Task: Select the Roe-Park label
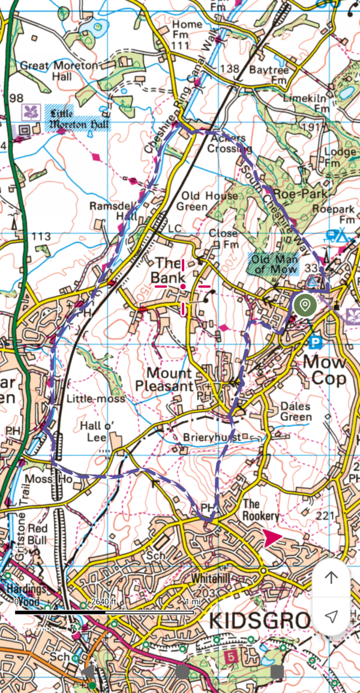click(x=299, y=194)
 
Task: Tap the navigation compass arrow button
click(x=331, y=616)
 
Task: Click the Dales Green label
click(x=296, y=412)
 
